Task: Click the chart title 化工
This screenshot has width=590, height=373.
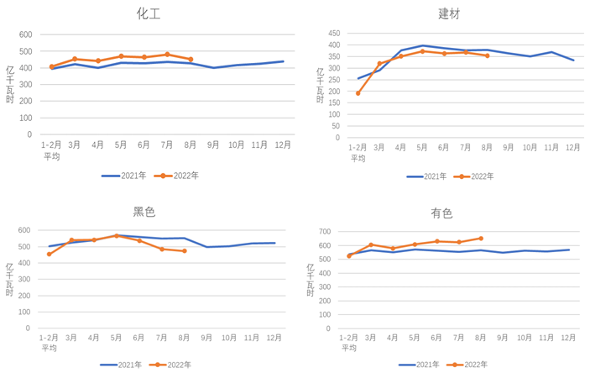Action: click(149, 13)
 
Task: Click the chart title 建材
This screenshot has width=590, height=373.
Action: click(449, 13)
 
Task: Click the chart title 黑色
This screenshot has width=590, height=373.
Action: click(144, 212)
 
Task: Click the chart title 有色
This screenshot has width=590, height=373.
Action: click(441, 213)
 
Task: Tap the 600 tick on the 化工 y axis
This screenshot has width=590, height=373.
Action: click(25, 35)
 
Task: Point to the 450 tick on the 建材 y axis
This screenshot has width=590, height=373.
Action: click(333, 34)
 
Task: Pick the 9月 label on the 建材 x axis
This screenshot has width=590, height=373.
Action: click(509, 148)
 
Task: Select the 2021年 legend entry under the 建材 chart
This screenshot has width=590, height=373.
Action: click(426, 176)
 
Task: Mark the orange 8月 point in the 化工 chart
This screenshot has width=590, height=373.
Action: click(191, 60)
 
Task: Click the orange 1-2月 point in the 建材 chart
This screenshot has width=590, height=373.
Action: click(358, 93)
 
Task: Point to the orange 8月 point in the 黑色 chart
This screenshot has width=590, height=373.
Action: click(185, 251)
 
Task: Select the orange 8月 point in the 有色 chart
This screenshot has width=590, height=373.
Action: click(481, 239)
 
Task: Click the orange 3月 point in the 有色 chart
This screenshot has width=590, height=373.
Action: click(371, 245)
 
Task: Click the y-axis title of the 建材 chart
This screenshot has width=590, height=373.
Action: click(321, 85)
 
